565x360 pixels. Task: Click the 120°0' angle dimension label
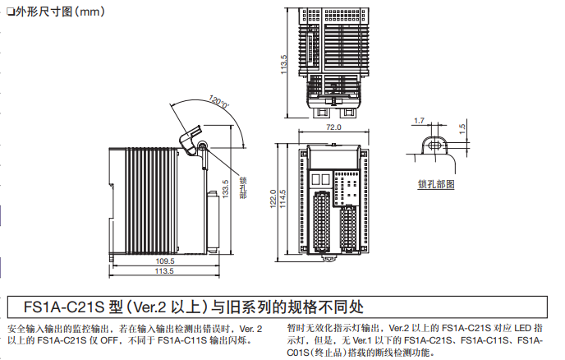coord(218,104)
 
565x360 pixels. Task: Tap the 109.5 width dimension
coord(165,261)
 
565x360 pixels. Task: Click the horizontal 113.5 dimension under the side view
coord(165,271)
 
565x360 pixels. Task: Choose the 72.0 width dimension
coord(333,128)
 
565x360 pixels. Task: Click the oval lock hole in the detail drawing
coord(435,143)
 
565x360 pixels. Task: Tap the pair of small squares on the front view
coord(322,179)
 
